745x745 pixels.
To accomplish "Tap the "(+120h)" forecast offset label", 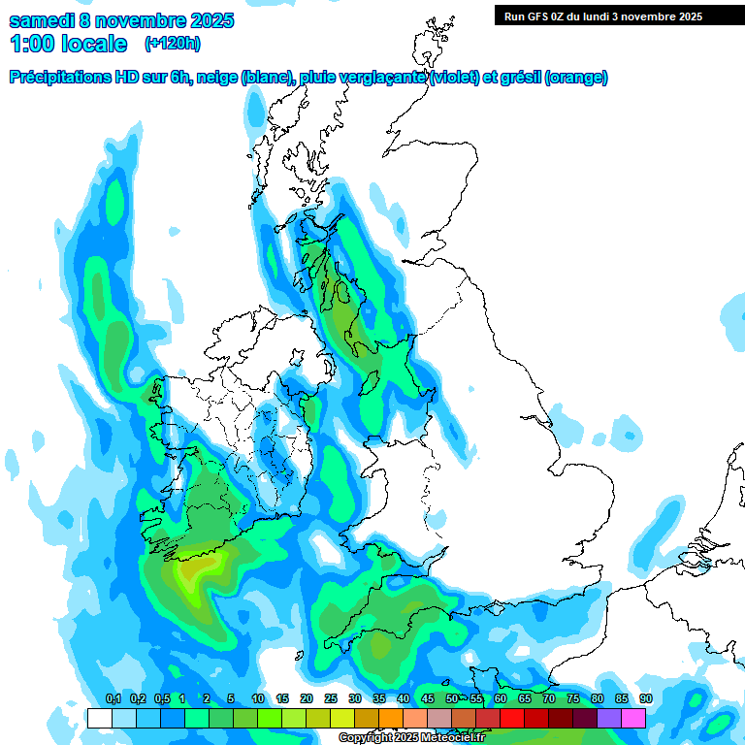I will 173,43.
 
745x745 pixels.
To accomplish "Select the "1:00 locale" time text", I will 68,44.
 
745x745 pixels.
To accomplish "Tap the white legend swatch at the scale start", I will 99,718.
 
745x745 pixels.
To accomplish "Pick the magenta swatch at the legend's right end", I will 633,718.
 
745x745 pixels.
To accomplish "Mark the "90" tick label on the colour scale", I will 646,699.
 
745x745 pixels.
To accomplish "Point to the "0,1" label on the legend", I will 113,699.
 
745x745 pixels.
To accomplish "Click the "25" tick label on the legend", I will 331,699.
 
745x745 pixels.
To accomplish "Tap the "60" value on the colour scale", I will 501,699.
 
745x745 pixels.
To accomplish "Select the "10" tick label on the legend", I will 258,699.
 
